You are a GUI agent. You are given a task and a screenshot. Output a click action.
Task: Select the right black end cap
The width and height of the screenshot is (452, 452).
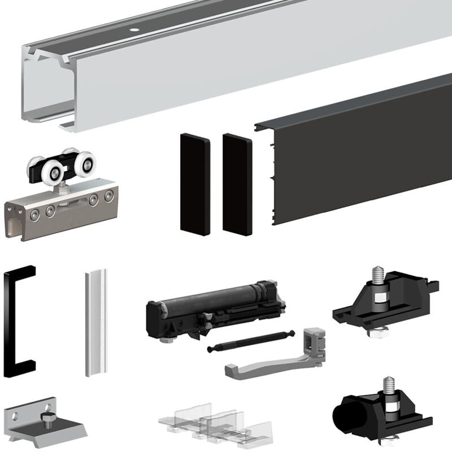pos(237,184)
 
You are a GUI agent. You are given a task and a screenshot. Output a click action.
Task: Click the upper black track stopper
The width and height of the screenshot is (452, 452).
pos(384,302)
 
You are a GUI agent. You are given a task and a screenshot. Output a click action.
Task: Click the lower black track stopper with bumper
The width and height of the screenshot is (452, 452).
pos(384,410)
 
